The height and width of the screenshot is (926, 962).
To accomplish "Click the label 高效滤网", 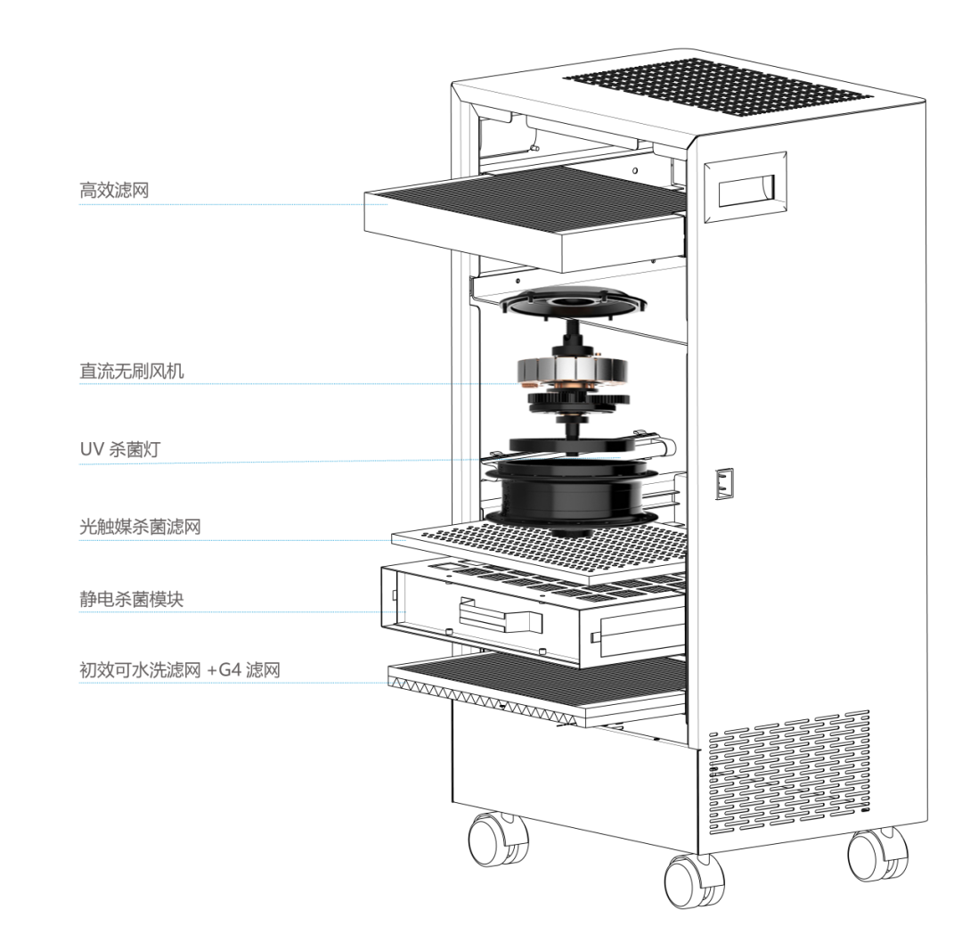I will click(x=113, y=190).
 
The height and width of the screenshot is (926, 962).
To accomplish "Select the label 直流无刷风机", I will click(x=132, y=371).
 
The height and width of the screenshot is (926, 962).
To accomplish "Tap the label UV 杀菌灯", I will click(x=119, y=450).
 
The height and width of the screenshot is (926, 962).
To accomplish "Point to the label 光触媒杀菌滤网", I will click(x=140, y=527).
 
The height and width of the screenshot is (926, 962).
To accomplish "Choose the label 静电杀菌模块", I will click(x=131, y=599).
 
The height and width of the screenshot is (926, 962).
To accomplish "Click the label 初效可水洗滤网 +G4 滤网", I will click(x=179, y=670).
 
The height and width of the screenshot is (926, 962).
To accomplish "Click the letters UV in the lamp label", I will click(x=91, y=450).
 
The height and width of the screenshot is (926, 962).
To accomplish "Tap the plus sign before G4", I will click(x=211, y=670).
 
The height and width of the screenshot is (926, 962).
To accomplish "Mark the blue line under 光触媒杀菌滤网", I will click(x=240, y=539).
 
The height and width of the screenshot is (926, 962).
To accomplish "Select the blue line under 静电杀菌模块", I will click(x=240, y=612).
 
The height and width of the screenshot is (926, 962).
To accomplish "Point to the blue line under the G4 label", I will click(x=240, y=684).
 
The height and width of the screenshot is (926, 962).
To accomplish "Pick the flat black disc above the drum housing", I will click(x=572, y=443).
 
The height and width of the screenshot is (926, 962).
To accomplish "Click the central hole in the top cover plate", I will click(x=572, y=304).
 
